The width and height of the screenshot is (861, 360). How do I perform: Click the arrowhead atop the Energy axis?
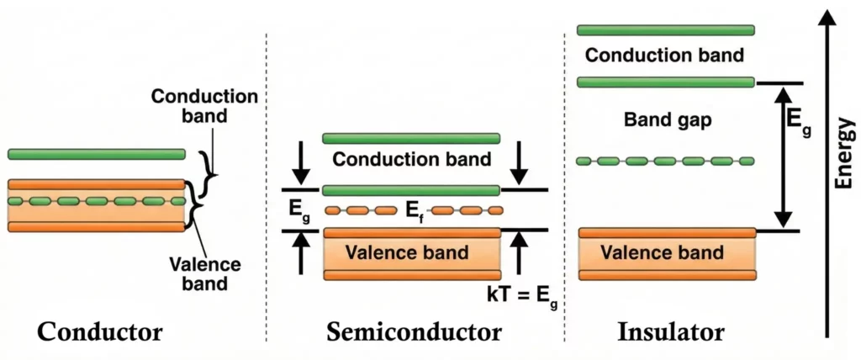[x=828, y=19]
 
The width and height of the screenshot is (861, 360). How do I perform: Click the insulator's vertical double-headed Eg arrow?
[x=784, y=156]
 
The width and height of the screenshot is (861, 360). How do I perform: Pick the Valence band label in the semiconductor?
[x=411, y=252]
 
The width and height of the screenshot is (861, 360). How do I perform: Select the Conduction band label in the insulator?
[x=665, y=56]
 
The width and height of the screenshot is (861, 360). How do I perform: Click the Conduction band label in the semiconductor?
[x=411, y=158]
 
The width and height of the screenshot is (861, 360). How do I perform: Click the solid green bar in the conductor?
[x=96, y=154]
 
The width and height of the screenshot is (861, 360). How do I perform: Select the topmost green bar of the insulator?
[x=665, y=30]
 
